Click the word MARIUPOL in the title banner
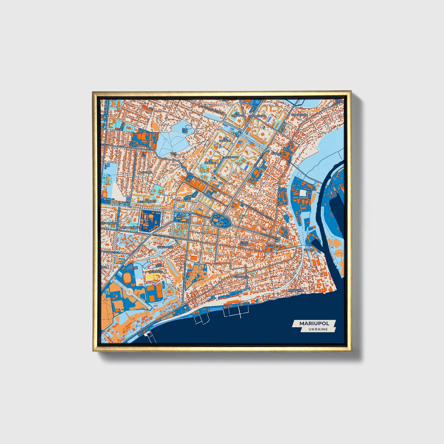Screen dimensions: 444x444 pos(314,323)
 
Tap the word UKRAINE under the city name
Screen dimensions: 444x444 pos(318,329)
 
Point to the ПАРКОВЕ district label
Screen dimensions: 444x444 pos(146,173)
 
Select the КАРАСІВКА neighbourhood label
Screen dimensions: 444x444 pos(279,153)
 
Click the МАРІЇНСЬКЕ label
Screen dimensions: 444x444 pos(299,115)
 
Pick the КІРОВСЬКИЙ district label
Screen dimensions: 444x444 pos(257,116)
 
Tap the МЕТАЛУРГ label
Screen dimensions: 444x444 pos(231,157)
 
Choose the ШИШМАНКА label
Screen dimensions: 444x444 pos(165,247)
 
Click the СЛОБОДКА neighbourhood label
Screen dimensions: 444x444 pos(241,277)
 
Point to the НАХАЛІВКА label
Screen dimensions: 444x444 pos(296,290)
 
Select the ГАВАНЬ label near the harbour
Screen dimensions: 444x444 pos(309,250)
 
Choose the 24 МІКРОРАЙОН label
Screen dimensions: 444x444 pos(147,200)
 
